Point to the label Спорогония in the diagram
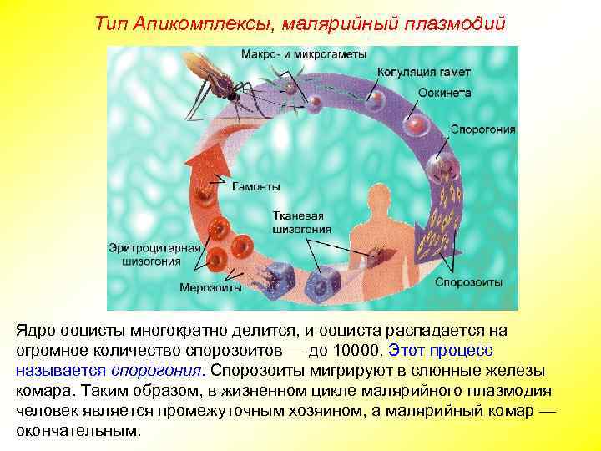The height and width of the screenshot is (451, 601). [x=482, y=130]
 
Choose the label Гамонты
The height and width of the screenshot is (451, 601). [x=256, y=185]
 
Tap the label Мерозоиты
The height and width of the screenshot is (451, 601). [x=210, y=288]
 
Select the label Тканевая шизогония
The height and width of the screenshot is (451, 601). [x=301, y=222]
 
